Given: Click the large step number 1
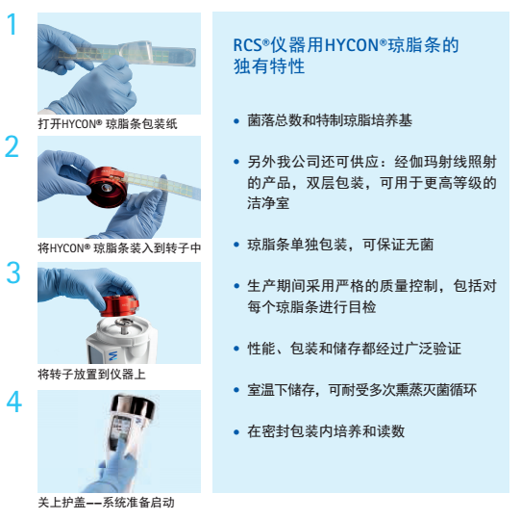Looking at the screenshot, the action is coord(12,24).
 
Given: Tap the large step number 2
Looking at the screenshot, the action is coord(12,146).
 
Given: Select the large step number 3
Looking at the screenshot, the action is coord(13,273).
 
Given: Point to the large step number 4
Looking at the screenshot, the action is coord(14,402).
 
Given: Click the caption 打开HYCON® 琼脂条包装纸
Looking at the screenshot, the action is coord(108,124).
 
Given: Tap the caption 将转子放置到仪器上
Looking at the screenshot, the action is coord(91,375).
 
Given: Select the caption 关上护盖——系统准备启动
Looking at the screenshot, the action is coord(106,503).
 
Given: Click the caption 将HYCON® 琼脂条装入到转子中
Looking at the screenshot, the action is coord(119,248).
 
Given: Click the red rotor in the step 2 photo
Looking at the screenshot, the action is coord(107,188).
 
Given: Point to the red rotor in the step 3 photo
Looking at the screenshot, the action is coord(120,305).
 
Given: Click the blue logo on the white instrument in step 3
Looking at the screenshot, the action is coord(113,355).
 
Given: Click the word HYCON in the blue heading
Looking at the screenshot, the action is coord(352,45).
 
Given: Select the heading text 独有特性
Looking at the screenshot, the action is coord(269,66).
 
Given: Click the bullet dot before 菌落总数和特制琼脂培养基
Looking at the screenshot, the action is coord(236,121).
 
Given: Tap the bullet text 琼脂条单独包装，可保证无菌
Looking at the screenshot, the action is coord(340,245).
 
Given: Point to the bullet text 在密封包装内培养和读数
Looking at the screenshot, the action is coord(326,431).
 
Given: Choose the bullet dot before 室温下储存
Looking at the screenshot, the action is coord(236,390).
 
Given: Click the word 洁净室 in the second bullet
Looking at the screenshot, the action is coord(268,203).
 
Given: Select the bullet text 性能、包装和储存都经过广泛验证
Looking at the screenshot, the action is coord(354,349).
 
